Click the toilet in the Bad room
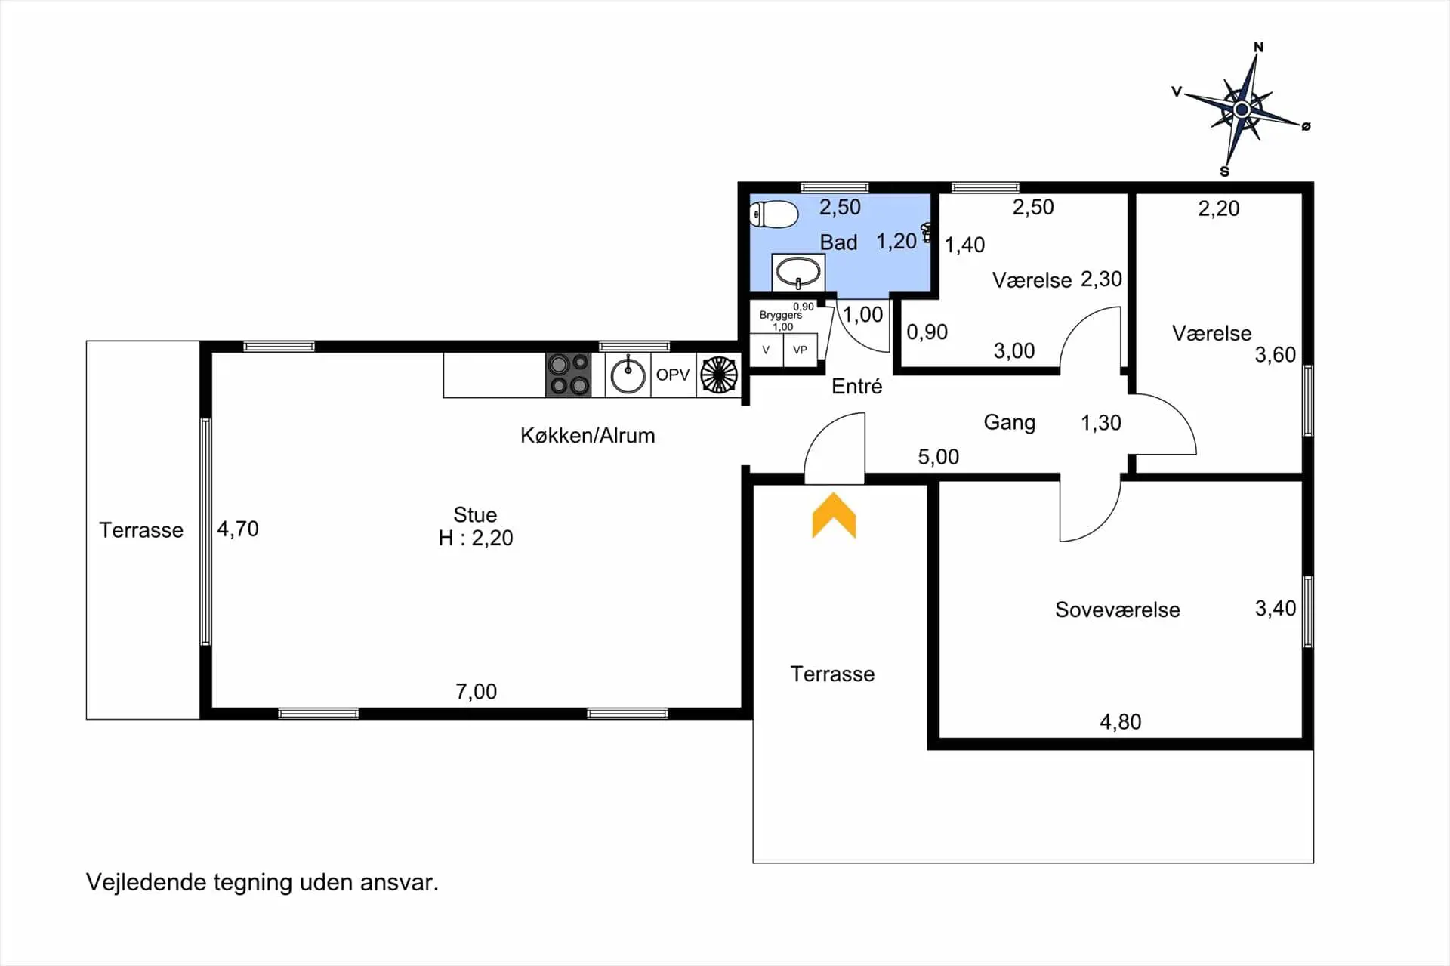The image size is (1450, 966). coord(773,214)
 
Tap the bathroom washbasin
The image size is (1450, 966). coord(798,272)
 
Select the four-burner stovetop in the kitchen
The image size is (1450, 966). coord(569,375)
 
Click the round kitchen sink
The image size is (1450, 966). coord(628,375)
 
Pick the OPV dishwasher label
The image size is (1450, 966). coord(673,375)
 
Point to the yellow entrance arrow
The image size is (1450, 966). coord(834,515)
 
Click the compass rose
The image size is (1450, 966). coord(1242,110)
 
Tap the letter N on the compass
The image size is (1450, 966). coord(1258,47)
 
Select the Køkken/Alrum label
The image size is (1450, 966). coord(588,435)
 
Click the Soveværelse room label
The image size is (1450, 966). coord(1118,610)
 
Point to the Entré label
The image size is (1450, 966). coord(857,386)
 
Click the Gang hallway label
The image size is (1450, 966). coord(1009,422)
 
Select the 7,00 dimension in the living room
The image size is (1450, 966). coord(477,691)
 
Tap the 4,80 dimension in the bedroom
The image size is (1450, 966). coord(1121,721)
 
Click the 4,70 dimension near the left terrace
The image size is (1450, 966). coord(238,529)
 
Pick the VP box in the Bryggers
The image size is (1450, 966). coord(801,350)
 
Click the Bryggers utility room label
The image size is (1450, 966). coord(781,315)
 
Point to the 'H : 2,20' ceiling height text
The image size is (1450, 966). coord(476,538)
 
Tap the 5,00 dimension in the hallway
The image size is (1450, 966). coord(939,457)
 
